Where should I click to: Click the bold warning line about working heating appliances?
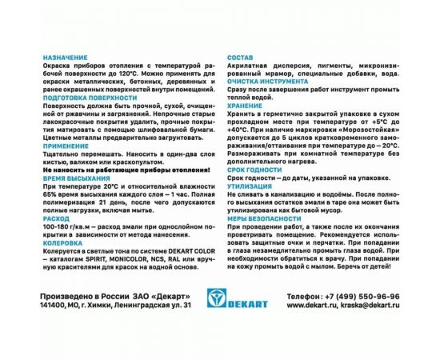126,171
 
